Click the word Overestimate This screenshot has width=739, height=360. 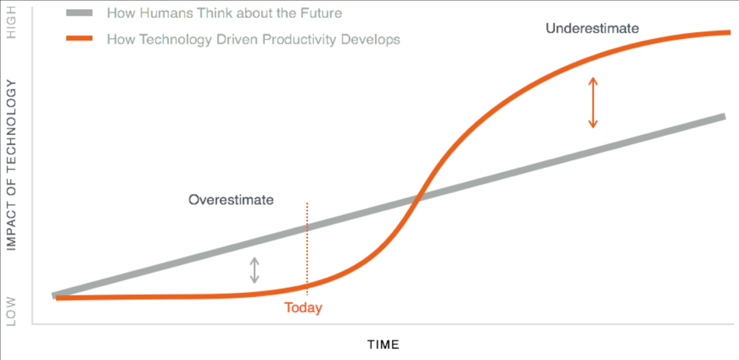(231, 200)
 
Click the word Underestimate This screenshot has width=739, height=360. (593, 28)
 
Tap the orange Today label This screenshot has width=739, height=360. (303, 308)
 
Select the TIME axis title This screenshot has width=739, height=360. (383, 344)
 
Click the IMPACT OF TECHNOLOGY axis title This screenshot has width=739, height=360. (12, 165)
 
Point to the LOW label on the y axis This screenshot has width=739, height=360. (12, 311)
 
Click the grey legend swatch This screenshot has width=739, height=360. (79, 13)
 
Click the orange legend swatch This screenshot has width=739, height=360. (79, 38)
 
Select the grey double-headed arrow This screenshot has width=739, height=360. (255, 270)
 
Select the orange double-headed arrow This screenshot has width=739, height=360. (593, 103)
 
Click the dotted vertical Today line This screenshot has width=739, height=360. (307, 249)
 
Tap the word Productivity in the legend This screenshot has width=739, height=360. (293, 39)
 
